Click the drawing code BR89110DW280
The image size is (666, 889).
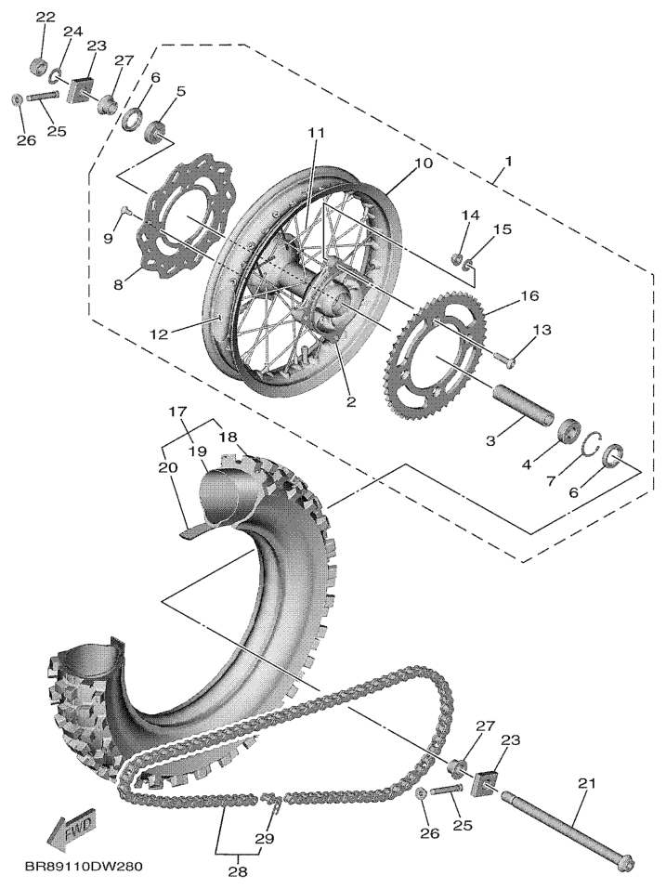(84, 867)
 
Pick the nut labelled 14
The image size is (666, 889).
(454, 260)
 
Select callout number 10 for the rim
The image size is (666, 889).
(424, 163)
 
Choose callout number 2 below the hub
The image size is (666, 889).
(351, 402)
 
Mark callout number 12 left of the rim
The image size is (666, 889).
(159, 334)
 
